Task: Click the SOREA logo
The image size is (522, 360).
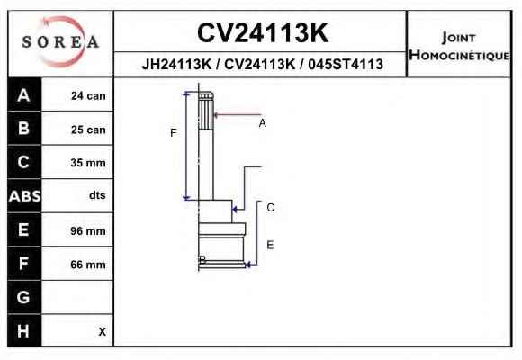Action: click(60, 42)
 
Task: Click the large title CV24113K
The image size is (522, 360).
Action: click(263, 32)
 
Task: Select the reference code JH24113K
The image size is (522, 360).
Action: click(176, 64)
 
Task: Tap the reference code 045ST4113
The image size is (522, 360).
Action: click(346, 64)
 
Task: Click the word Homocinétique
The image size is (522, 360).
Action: click(459, 55)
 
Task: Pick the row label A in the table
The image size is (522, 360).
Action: click(23, 95)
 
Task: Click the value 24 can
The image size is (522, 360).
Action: click(88, 96)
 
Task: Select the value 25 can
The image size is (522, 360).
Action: click(88, 130)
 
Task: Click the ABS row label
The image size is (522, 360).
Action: click(24, 196)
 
